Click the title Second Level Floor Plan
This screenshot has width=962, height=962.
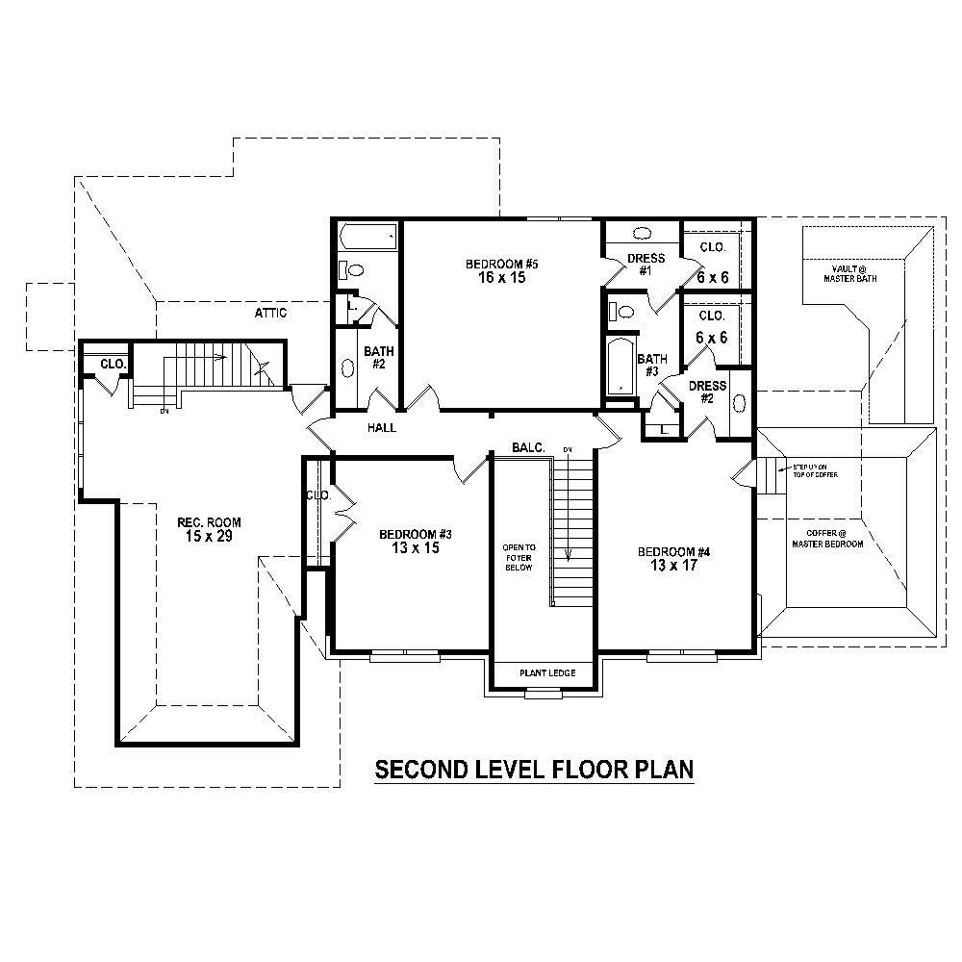534,770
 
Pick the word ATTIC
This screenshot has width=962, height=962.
270,313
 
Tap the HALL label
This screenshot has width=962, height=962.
382,428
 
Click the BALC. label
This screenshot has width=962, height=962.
528,447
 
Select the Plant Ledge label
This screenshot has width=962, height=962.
547,673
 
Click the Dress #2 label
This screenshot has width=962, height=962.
707,392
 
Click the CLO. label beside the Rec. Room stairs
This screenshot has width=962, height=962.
113,365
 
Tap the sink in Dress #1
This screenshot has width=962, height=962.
642,234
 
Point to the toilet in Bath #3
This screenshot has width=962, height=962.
624,311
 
